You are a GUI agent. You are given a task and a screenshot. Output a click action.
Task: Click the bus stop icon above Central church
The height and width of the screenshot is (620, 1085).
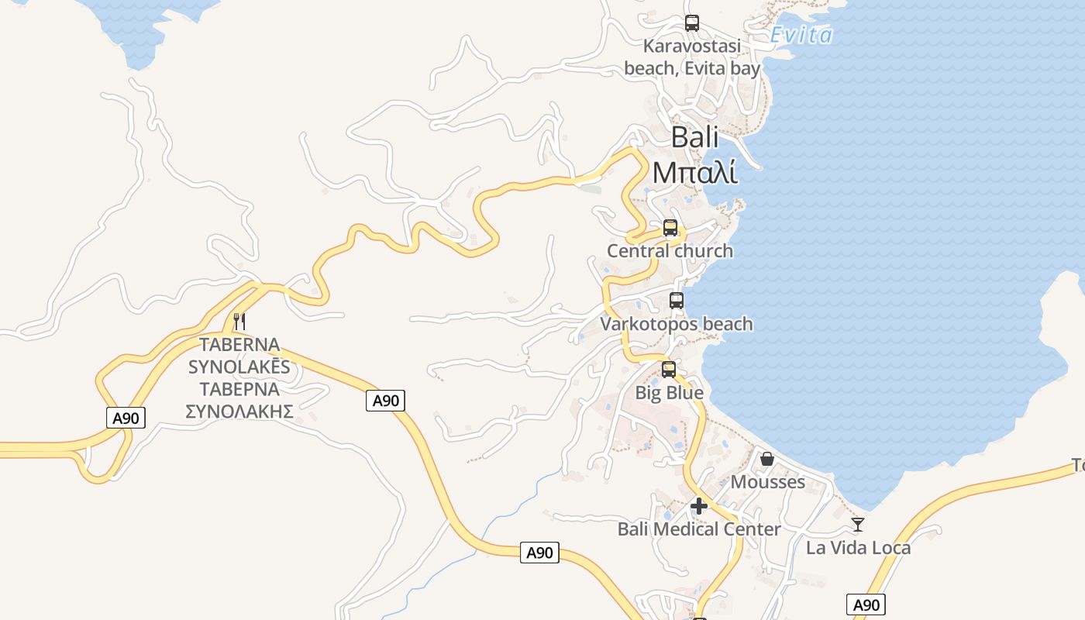pos(670,228)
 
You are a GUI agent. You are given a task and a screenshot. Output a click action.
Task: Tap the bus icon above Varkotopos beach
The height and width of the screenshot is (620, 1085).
pos(677,301)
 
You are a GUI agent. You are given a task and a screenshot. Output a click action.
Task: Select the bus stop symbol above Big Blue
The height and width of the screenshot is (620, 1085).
pos(669,370)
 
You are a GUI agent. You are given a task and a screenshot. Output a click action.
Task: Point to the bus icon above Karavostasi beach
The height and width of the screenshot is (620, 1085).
pos(692,23)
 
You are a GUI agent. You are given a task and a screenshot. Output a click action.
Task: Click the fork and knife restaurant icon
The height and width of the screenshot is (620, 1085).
pos(239,321)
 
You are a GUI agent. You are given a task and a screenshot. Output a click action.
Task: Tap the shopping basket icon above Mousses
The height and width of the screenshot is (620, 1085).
pos(767,459)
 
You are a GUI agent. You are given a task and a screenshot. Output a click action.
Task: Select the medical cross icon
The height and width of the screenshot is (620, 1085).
pos(699,506)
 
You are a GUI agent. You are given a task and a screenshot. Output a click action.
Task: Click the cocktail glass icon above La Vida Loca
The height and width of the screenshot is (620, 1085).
pos(858,525)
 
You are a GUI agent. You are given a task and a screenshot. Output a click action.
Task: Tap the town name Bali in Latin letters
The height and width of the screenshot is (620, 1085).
pos(694,137)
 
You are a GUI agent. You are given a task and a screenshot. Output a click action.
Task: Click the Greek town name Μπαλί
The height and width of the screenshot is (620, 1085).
pos(694,172)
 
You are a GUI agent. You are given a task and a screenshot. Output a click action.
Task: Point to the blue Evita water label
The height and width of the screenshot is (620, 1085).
pos(801,35)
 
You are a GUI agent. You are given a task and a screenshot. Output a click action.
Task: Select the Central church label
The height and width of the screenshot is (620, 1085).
pos(670,251)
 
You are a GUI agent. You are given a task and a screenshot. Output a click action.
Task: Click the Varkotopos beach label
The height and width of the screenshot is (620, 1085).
pos(677,324)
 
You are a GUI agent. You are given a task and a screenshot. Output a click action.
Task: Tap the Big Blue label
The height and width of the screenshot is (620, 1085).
pos(670,393)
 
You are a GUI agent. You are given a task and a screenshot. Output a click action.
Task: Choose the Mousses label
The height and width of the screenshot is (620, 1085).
pos(768,482)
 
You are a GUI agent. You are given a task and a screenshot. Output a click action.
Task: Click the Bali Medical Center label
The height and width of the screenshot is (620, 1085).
pos(699,529)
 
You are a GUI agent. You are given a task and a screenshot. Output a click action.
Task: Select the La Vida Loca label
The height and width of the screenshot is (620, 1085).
pos(859,548)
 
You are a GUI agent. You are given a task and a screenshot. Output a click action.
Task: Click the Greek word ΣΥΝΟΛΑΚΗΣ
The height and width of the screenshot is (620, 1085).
pos(239,411)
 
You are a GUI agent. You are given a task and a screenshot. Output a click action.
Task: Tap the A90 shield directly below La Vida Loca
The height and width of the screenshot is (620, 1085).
pos(866,605)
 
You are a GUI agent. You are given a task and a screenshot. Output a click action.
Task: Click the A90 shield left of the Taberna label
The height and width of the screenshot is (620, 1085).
pos(126,418)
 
